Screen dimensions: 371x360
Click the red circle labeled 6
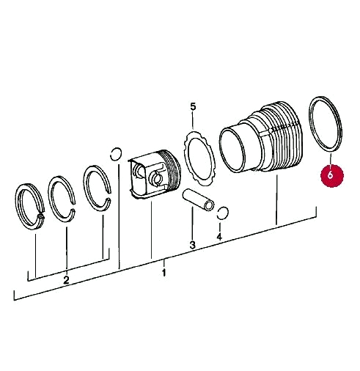click(331, 175)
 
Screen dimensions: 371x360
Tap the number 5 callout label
click(193, 107)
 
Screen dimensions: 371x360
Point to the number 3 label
click(192, 245)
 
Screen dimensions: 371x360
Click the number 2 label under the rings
click(66, 280)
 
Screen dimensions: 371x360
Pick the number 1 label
click(164, 273)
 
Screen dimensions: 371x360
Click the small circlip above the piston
click(115, 153)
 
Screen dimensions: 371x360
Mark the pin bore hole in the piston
click(156, 177)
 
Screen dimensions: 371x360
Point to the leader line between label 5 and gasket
click(193, 122)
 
